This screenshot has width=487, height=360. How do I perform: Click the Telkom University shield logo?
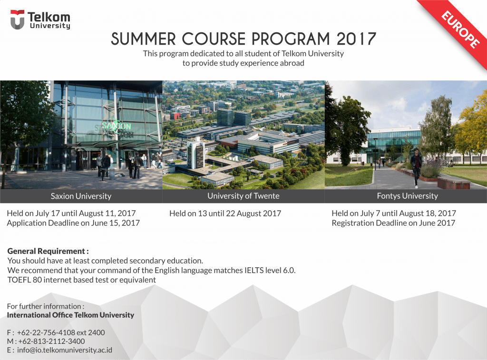[17, 19]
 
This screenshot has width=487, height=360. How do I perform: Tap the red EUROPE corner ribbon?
[457, 31]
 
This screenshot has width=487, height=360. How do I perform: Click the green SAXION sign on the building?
[117, 126]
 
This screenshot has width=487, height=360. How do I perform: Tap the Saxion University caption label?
[81, 196]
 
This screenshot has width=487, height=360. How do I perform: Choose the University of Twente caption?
[243, 195]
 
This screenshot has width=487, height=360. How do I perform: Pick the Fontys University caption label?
[408, 195]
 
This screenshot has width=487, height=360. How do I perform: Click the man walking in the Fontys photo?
[416, 168]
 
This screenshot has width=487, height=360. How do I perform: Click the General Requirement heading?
[48, 251]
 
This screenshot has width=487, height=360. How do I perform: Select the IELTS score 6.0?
[289, 270]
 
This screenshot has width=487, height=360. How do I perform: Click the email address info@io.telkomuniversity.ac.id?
[65, 350]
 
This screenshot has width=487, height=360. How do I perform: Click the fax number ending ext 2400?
[61, 332]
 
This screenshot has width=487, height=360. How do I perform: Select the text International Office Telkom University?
[70, 315]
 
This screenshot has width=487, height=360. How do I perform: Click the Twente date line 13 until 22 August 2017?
[225, 214]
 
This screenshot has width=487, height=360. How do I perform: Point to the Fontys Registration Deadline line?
[393, 223]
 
